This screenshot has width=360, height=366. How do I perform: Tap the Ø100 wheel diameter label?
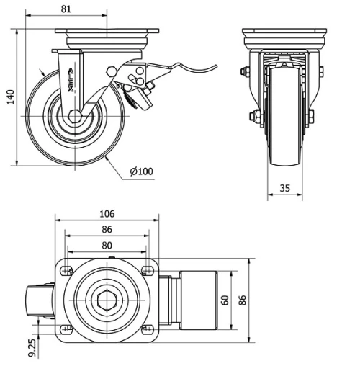(x=142, y=171)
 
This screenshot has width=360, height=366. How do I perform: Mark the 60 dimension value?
(x=225, y=300)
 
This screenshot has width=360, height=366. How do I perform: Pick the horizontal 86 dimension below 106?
(x=106, y=229)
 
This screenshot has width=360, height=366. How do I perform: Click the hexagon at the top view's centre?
(x=106, y=300)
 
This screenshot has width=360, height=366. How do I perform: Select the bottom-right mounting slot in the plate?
(x=146, y=331)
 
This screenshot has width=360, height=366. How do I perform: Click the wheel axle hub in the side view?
(x=74, y=115)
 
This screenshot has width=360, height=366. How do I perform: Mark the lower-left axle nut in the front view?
(x=253, y=116)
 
